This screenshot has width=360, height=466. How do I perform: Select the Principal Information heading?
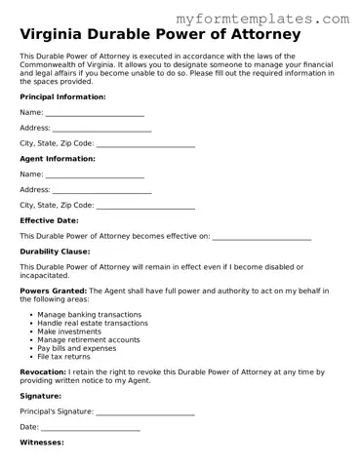[x=63, y=97]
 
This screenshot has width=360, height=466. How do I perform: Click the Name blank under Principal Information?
[x=95, y=113]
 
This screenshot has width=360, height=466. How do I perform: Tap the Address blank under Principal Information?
[x=101, y=129]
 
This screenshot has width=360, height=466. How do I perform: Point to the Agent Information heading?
[x=58, y=159]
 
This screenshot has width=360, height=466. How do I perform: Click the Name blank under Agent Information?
[x=95, y=175]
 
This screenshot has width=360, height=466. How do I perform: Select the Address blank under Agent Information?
[x=101, y=190]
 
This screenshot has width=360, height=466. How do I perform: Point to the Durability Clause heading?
[x=55, y=252]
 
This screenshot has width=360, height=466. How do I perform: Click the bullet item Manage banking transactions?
[x=89, y=315]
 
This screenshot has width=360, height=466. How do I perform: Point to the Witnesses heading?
[x=42, y=443]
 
